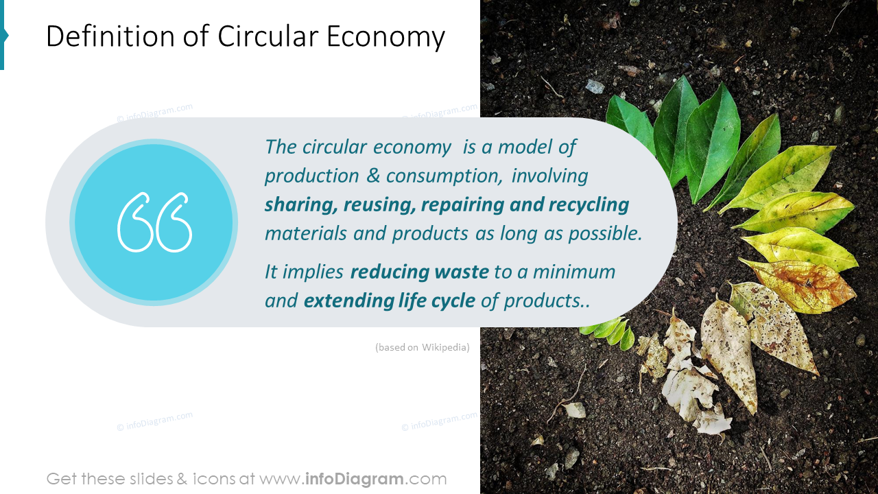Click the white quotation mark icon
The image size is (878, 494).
click(154, 222)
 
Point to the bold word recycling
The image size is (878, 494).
click(589, 204)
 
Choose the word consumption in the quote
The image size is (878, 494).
click(444, 176)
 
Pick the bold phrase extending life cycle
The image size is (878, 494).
click(389, 301)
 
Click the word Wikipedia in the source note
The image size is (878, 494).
click(445, 347)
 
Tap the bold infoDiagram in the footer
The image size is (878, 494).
click(353, 479)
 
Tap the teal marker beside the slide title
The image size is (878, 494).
click(3, 36)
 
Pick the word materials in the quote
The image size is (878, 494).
click(306, 233)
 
